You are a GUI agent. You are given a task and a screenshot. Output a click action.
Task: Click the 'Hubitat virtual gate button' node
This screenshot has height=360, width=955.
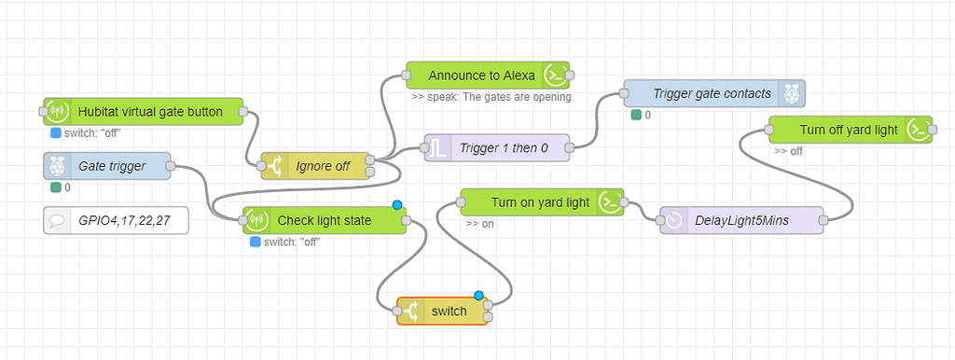tap(149, 112)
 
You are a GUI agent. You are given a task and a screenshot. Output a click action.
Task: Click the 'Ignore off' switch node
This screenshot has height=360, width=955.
tap(322, 166)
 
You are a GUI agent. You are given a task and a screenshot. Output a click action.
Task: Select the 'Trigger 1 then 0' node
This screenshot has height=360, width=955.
tap(504, 147)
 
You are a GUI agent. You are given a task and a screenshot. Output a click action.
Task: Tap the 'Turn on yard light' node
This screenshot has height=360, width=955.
tap(539, 202)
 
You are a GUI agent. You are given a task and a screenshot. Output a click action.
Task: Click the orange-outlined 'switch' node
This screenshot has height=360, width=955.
tap(443, 312)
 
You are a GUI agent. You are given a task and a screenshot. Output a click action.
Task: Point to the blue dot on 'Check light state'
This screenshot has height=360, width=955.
tap(397, 205)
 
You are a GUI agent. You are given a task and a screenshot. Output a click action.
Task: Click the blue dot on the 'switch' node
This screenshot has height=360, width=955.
tap(479, 297)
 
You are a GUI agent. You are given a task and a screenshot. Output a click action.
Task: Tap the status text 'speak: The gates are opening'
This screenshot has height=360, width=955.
tap(491, 96)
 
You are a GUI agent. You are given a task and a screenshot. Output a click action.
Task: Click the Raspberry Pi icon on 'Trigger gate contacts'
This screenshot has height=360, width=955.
tap(792, 93)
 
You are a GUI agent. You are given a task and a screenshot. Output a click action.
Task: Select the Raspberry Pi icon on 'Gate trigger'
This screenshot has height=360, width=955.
tap(57, 166)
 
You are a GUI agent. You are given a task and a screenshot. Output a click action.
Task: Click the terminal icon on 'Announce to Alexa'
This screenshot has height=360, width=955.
tap(555, 75)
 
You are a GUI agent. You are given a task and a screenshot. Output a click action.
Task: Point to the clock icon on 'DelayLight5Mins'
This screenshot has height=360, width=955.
tap(673, 220)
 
